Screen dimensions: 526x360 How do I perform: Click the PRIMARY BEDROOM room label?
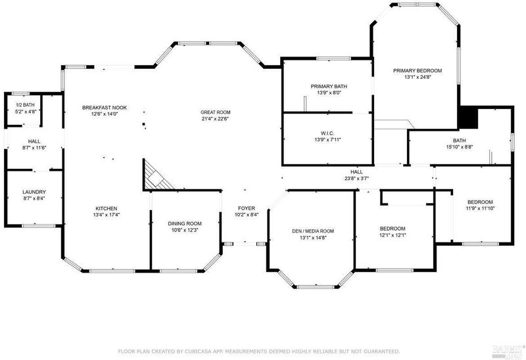418,71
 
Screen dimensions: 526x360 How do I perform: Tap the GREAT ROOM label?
216,112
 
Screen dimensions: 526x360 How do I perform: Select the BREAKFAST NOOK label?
105,108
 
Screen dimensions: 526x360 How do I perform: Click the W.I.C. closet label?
327,133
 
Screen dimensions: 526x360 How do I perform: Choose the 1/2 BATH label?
25,105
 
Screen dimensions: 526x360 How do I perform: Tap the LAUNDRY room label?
34,192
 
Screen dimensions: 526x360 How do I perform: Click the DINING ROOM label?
185,223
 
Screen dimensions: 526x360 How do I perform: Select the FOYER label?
246,208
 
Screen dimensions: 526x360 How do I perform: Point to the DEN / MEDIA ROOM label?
313,231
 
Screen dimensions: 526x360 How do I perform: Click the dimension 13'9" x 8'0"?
329,93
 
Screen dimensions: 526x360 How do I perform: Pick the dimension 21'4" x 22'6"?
216,119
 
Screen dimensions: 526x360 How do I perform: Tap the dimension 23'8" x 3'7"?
356,178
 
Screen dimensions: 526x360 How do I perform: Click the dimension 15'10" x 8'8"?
459,146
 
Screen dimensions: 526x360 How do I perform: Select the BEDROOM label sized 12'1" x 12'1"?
392,229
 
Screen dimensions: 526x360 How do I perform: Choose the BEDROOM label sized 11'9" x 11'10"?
480,202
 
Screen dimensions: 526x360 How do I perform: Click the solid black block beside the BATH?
467,118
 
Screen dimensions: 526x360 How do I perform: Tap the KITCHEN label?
107,208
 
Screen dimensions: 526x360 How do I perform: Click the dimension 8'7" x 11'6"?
34,148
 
